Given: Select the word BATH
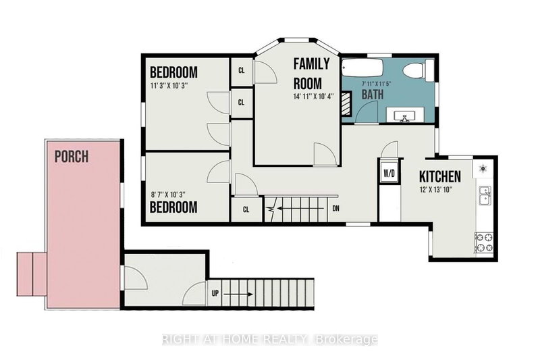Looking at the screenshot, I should (x=372, y=95).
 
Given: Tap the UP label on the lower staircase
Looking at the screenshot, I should (x=214, y=294).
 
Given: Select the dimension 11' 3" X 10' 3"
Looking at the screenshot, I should (x=173, y=86).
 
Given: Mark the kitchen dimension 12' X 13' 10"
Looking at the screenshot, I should (x=439, y=190).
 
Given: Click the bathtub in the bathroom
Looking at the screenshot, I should (x=363, y=70).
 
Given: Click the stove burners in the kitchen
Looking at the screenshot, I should (x=484, y=242).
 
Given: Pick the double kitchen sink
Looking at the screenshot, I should (x=484, y=197).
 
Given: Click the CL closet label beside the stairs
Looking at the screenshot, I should (x=246, y=209).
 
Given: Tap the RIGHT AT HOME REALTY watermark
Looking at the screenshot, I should (x=270, y=340).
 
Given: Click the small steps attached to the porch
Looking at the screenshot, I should (x=31, y=269).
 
